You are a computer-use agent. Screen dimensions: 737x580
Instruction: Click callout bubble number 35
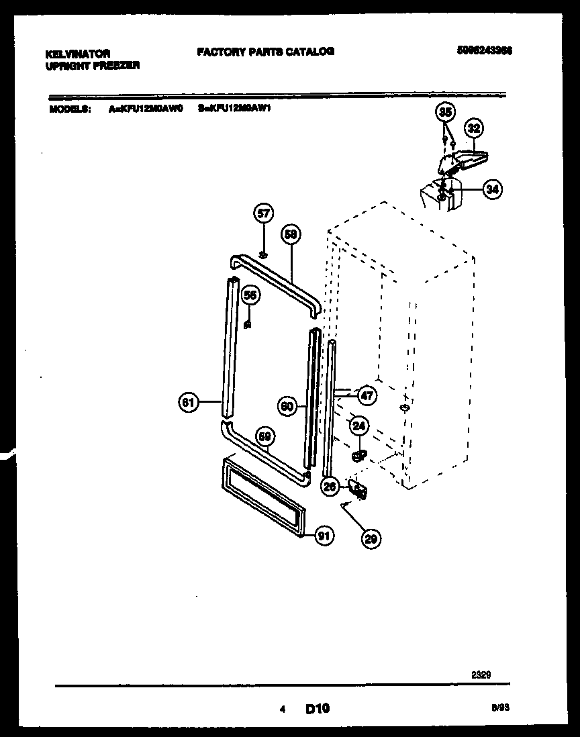(445, 112)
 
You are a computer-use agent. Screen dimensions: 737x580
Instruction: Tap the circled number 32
(474, 128)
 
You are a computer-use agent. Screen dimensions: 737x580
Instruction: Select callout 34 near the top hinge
(492, 190)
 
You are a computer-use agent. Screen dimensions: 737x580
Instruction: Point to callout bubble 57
(263, 214)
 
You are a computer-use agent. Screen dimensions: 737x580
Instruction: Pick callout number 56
(249, 295)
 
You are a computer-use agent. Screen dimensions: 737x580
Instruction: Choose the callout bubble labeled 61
(189, 403)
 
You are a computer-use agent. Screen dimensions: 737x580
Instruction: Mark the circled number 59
(266, 436)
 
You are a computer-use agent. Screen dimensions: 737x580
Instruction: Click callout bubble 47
(367, 395)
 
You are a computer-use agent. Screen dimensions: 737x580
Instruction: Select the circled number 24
(358, 425)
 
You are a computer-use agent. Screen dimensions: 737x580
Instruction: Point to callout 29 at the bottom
(371, 537)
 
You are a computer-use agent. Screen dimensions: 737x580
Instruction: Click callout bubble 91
(324, 535)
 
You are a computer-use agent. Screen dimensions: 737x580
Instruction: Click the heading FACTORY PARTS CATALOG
(265, 52)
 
